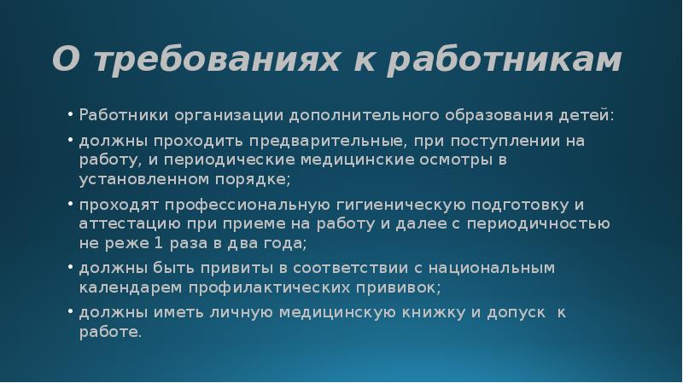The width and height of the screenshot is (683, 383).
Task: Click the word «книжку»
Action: [x=425, y=313]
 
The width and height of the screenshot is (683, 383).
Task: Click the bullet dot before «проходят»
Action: [x=70, y=205]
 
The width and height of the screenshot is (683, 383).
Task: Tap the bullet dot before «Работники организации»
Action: [x=70, y=114]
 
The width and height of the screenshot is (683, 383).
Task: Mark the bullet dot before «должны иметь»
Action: [x=70, y=313]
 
